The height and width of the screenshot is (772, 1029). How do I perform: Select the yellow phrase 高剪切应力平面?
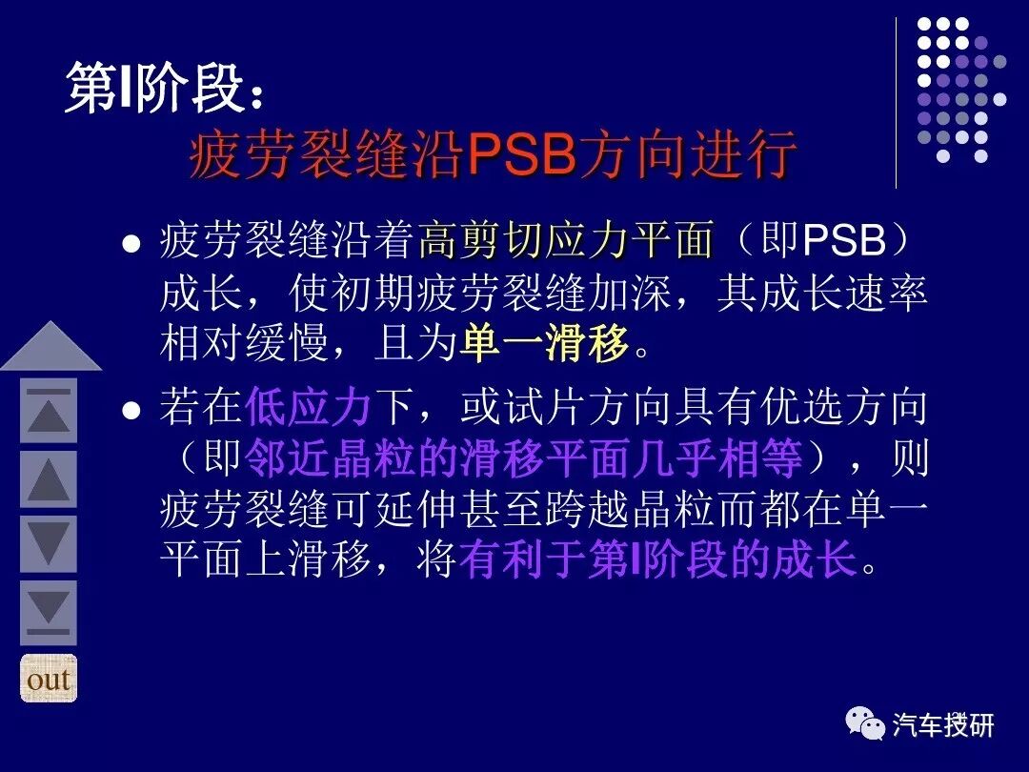click(x=566, y=240)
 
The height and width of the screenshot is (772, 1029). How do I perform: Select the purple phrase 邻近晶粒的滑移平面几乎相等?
click(x=524, y=460)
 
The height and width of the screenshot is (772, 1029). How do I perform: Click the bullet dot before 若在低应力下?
click(x=132, y=412)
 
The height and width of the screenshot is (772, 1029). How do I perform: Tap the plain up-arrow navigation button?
click(x=49, y=478)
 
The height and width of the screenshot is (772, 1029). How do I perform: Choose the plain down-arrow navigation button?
click(x=49, y=543)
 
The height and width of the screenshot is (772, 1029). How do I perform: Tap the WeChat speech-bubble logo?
click(x=865, y=726)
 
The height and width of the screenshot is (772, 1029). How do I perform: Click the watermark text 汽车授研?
click(x=943, y=726)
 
